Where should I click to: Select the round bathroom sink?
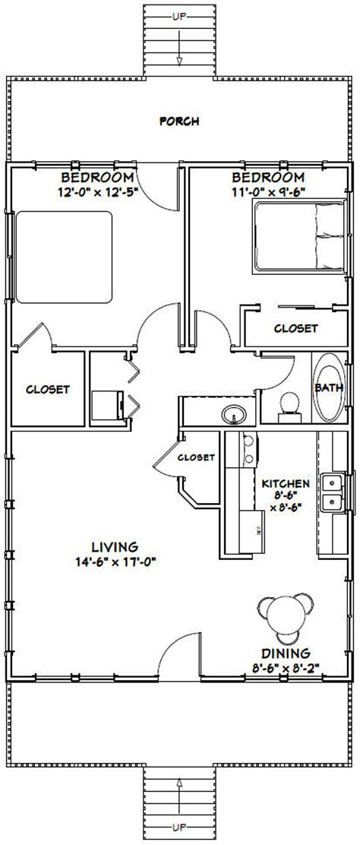(232, 413)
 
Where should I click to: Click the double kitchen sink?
(331, 492)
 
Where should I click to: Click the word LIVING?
(115, 546)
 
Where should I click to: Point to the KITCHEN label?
(285, 483)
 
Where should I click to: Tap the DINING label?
(286, 652)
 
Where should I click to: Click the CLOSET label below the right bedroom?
(295, 328)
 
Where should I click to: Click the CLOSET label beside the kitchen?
(196, 457)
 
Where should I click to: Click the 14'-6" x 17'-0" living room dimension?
(115, 562)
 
